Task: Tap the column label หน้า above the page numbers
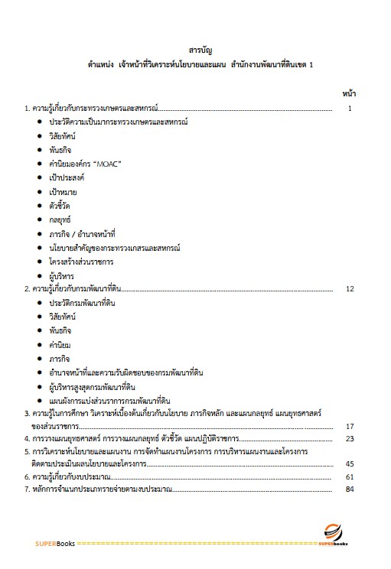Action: [349, 93]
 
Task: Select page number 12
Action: [350, 289]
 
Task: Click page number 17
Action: [350, 426]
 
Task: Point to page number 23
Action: [350, 439]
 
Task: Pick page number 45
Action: [350, 463]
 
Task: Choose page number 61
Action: [350, 476]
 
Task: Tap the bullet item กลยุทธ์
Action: [62, 219]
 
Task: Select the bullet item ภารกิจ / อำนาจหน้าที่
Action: [86, 233]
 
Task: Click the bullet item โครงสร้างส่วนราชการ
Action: [85, 262]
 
